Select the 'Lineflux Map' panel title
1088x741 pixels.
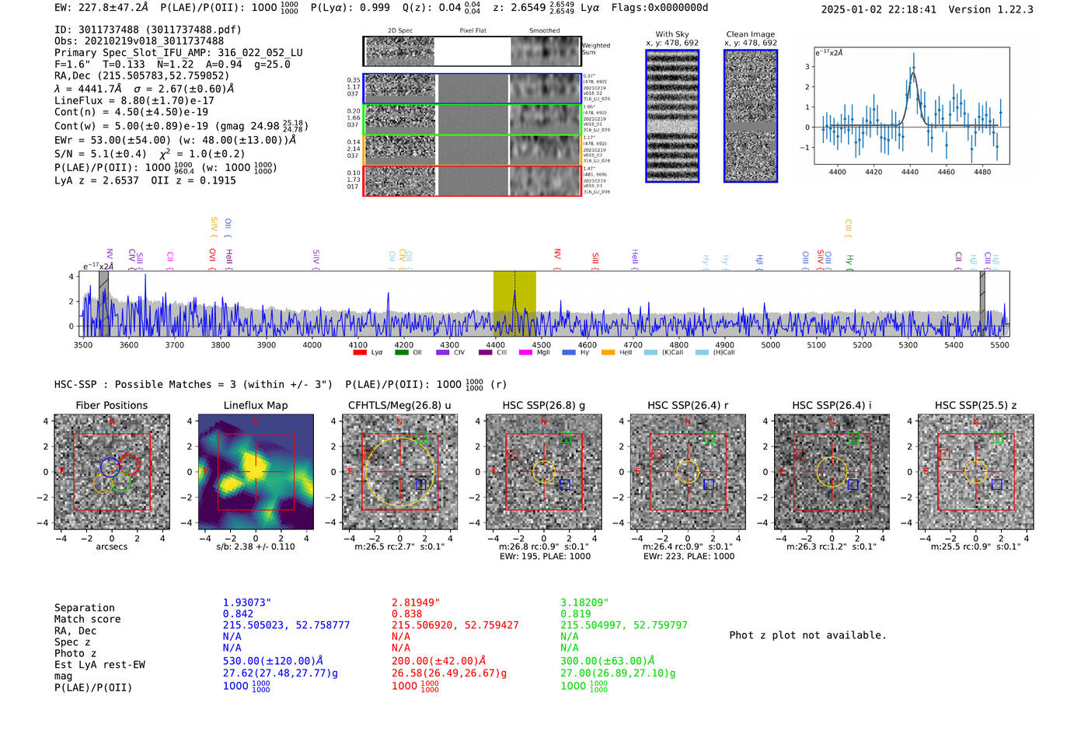pyautogui.click(x=255, y=405)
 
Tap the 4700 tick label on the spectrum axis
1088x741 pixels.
pyautogui.click(x=633, y=345)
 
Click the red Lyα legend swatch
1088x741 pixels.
pyautogui.click(x=360, y=353)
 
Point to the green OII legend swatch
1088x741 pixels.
pyautogui.click(x=401, y=353)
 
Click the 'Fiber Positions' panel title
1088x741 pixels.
pyautogui.click(x=111, y=405)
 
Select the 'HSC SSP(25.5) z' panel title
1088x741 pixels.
pyautogui.click(x=975, y=405)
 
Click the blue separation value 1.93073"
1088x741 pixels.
pyautogui.click(x=246, y=603)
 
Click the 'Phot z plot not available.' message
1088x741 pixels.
pyautogui.click(x=807, y=635)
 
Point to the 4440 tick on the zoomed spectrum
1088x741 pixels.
pyautogui.click(x=910, y=172)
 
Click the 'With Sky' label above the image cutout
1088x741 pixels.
pyautogui.click(x=672, y=34)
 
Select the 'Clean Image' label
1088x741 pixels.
pyautogui.click(x=750, y=34)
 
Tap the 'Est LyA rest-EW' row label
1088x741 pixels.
pyautogui.click(x=99, y=665)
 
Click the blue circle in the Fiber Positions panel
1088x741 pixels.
pyautogui.click(x=110, y=467)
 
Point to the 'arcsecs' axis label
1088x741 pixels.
pyautogui.click(x=111, y=547)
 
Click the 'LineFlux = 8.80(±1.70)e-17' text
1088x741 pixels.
pyautogui.click(x=134, y=100)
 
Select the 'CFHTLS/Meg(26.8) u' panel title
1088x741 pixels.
pyautogui.click(x=399, y=405)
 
